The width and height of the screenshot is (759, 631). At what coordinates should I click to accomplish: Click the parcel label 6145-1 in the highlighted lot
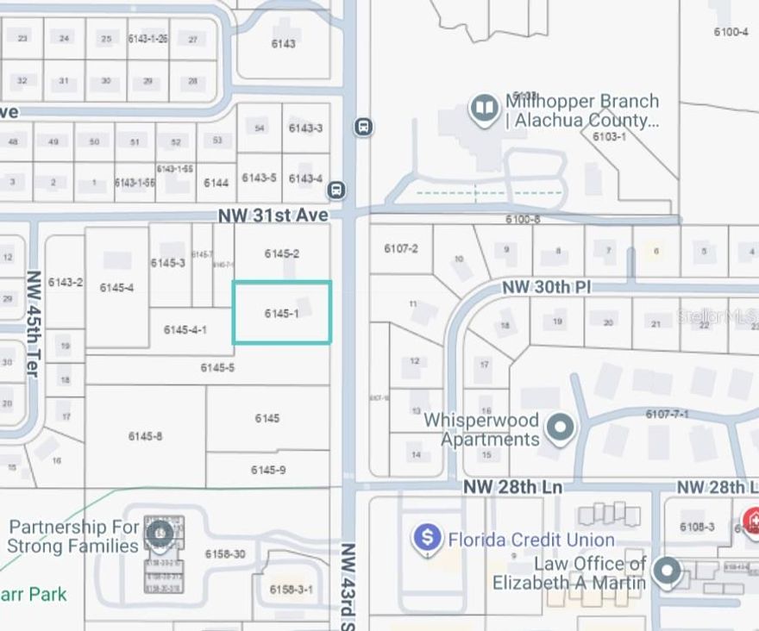pos(281,313)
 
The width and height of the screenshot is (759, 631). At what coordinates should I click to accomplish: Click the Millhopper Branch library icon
pos(484,108)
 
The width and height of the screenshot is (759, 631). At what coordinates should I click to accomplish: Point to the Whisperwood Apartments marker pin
pos(561,427)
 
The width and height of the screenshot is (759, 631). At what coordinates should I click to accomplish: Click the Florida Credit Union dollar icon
pos(427,539)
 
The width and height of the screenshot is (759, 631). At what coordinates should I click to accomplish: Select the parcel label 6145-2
pos(282,253)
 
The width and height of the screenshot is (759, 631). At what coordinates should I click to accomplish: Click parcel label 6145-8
pos(145,436)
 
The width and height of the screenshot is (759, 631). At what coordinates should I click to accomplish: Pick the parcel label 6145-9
pos(268,470)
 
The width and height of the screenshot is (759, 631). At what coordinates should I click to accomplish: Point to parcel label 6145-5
pos(217,368)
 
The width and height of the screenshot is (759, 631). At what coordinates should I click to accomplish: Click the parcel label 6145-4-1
pos(185,330)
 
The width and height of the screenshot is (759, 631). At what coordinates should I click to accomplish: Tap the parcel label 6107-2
pos(400,249)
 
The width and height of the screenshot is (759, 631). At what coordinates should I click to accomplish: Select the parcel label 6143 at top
pos(283,44)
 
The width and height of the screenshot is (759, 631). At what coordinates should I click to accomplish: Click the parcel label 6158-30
pos(224,553)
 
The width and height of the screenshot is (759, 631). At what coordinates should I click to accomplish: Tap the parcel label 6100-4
pos(731,32)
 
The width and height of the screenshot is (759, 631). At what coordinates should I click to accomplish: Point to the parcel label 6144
pos(216,183)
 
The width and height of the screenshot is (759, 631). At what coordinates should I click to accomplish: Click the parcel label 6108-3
pos(697,527)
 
